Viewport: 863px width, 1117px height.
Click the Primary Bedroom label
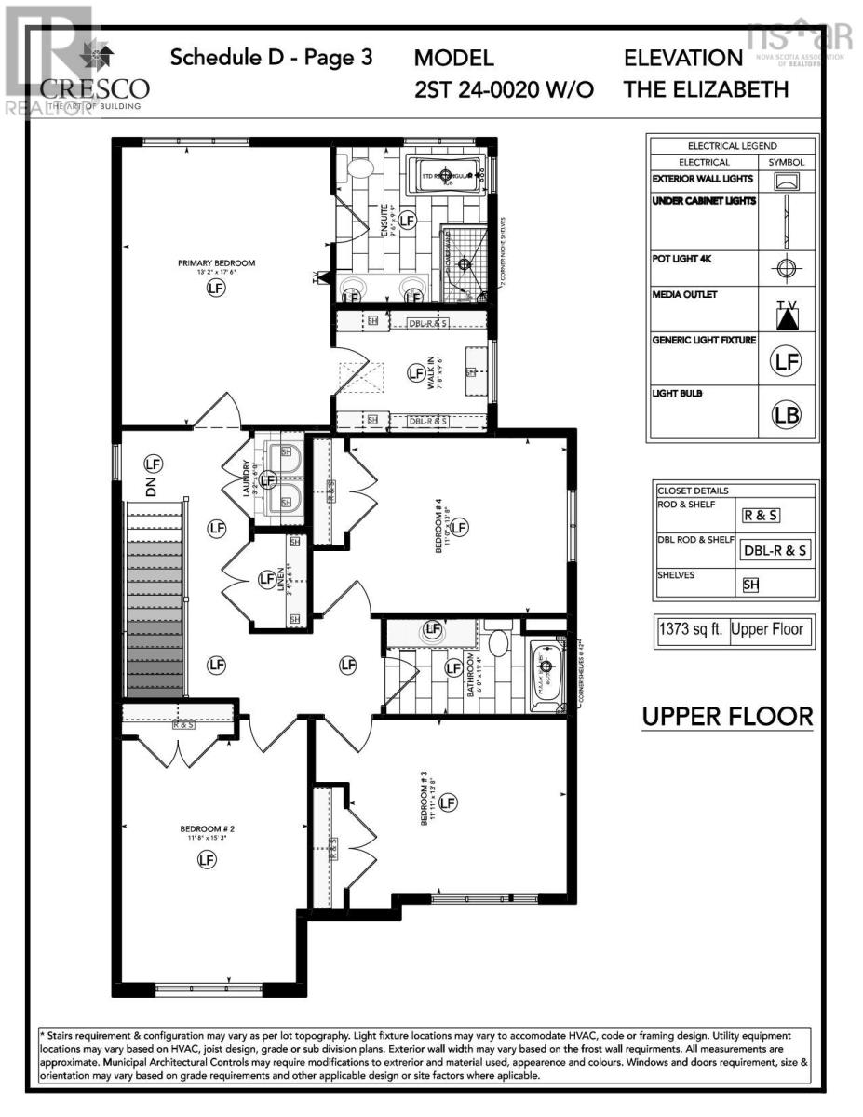pyautogui.click(x=216, y=263)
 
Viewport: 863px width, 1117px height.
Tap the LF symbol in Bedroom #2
pyautogui.click(x=207, y=860)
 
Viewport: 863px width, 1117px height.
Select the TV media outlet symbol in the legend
pyautogui.click(x=788, y=315)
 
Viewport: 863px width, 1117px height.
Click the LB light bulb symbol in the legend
pyautogui.click(x=788, y=415)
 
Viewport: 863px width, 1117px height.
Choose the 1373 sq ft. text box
pyautogui.click(x=692, y=630)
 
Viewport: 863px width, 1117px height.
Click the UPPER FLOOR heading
pyautogui.click(x=727, y=718)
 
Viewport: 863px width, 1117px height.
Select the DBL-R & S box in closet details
pyautogui.click(x=775, y=550)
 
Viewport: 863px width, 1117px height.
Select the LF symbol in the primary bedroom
pyautogui.click(x=216, y=289)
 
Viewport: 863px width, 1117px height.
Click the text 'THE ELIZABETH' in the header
pyautogui.click(x=706, y=89)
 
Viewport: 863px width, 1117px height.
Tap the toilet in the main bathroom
pyautogui.click(x=498, y=645)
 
